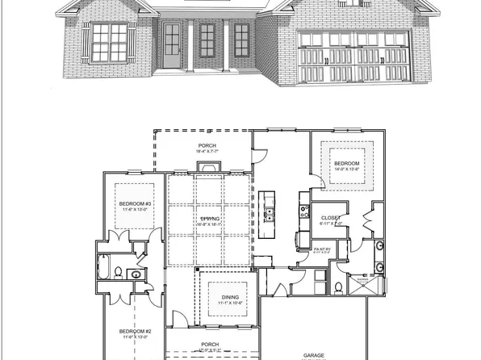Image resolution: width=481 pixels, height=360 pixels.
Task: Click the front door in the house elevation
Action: point(172,45)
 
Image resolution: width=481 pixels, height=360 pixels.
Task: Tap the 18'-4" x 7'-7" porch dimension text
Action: point(208,151)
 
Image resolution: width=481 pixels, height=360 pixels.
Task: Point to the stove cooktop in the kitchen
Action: point(305,211)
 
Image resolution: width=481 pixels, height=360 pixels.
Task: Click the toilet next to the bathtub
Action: point(119,272)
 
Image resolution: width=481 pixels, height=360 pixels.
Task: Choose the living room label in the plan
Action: point(210,220)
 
